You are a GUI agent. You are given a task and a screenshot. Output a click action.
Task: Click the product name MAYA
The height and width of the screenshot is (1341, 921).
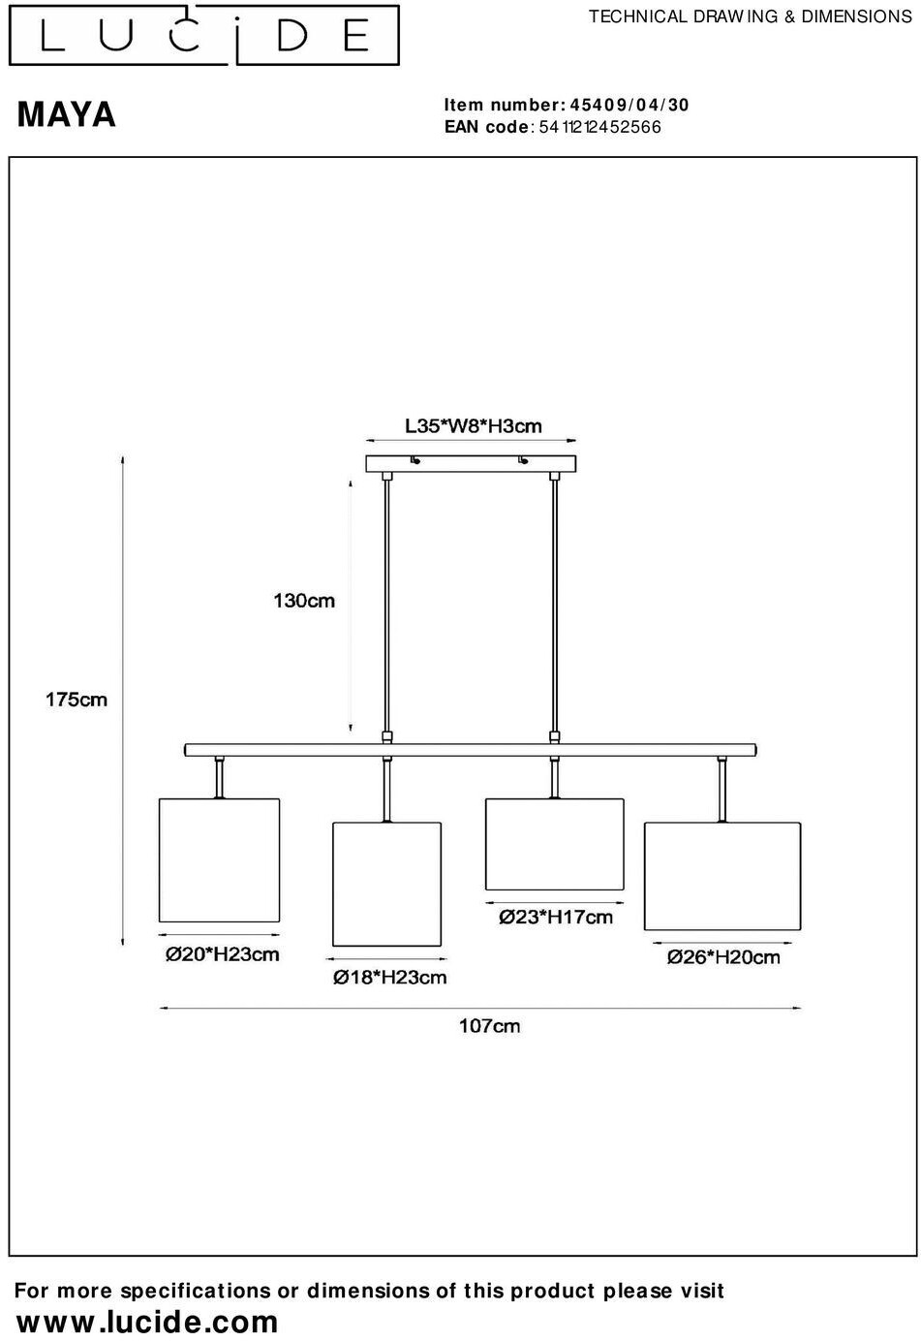pyautogui.click(x=67, y=115)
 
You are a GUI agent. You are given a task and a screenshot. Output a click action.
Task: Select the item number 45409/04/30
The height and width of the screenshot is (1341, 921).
pyautogui.click(x=630, y=106)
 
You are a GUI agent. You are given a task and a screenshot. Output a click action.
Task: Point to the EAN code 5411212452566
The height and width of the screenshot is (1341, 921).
pyautogui.click(x=599, y=127)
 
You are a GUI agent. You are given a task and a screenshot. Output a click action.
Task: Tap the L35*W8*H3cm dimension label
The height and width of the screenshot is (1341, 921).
pyautogui.click(x=473, y=426)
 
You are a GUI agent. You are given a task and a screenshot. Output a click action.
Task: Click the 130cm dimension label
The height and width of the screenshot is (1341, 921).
pyautogui.click(x=304, y=601)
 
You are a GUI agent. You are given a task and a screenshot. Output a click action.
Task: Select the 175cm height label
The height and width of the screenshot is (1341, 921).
pyautogui.click(x=77, y=700)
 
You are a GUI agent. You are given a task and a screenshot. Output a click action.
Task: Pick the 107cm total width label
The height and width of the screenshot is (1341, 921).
pyautogui.click(x=489, y=1026)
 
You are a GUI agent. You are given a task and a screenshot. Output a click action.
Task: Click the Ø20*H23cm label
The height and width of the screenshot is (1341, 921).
pyautogui.click(x=222, y=954)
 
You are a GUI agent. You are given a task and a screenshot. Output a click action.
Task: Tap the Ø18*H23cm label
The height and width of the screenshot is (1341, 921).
pyautogui.click(x=390, y=978)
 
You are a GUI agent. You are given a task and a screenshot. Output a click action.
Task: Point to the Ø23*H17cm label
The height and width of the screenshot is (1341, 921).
pyautogui.click(x=556, y=917)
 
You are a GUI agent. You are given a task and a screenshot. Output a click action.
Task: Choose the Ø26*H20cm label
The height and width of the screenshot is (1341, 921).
pyautogui.click(x=723, y=957)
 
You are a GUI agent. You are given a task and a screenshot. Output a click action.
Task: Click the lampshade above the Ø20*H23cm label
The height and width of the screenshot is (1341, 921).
pyautogui.click(x=219, y=859)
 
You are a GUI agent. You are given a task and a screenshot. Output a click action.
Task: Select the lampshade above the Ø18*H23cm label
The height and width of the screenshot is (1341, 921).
pyautogui.click(x=387, y=884)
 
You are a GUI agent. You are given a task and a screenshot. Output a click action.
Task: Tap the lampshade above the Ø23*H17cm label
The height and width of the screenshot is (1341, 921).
pyautogui.click(x=554, y=844)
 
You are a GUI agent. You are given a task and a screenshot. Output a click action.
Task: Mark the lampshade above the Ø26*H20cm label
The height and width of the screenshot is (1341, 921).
pyautogui.click(x=722, y=877)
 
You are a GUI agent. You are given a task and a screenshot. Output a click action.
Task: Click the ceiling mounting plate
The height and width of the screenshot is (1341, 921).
pyautogui.click(x=471, y=464)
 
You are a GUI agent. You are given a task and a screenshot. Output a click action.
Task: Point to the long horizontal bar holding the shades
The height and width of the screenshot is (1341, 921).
pyautogui.click(x=471, y=749)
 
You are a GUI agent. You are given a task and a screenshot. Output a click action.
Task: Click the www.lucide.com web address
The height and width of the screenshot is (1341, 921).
pyautogui.click(x=148, y=1322)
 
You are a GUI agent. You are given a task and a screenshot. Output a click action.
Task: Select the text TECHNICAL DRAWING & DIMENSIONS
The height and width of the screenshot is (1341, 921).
pyautogui.click(x=751, y=16)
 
